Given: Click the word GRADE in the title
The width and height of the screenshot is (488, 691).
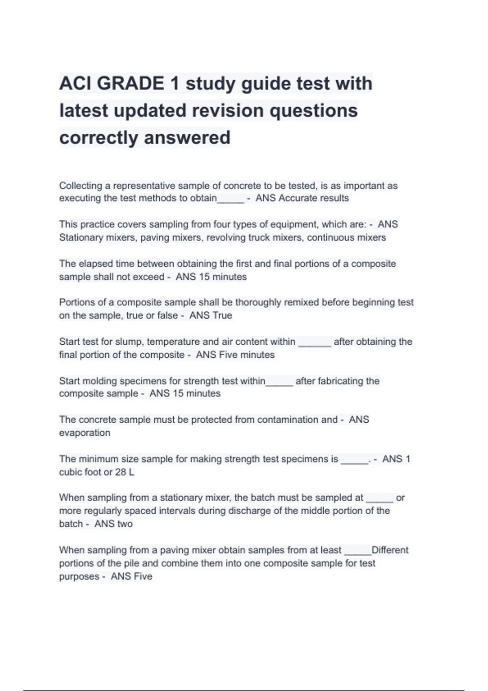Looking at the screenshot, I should click(131, 84).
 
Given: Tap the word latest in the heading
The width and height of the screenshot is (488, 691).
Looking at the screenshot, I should click(83, 111).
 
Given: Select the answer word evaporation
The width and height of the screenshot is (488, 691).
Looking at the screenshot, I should click(85, 433).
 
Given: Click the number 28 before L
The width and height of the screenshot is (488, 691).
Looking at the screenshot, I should click(121, 472).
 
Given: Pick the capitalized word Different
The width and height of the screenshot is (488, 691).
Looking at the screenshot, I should click(390, 550).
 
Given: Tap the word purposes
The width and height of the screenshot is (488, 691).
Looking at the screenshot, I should click(79, 577).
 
